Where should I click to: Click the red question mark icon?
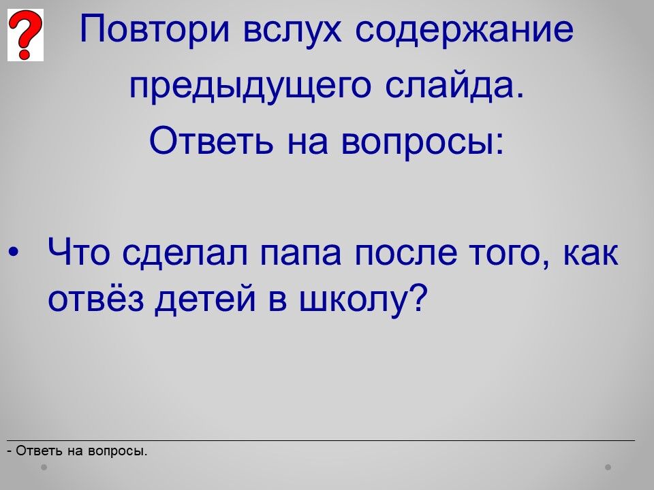coord(25,35)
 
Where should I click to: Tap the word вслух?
coord(292,29)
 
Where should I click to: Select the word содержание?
coord(464,30)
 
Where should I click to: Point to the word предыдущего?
coord(250,86)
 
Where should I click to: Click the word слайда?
coord(454,86)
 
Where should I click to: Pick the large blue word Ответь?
coord(211,140)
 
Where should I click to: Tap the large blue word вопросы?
coord(422,142)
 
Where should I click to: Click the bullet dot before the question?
coord(14,252)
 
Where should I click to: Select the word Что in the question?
coord(79,252)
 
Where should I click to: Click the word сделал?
coord(185,253)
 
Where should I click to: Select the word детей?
coord(205,299)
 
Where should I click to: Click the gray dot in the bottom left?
coord(44,467)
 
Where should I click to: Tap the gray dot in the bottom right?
coord(608,467)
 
